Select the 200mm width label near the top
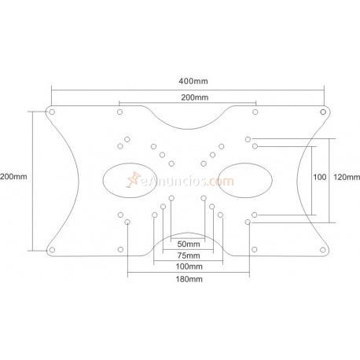188,97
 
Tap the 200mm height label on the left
13,177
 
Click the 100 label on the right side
319,177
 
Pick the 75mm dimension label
188,255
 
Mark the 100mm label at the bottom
188,266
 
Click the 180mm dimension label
188,279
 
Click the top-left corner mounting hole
52,112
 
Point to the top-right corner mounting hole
323,112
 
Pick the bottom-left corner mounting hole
52,249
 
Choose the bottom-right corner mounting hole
323,249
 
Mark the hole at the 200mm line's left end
119,112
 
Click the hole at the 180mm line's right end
248,222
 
